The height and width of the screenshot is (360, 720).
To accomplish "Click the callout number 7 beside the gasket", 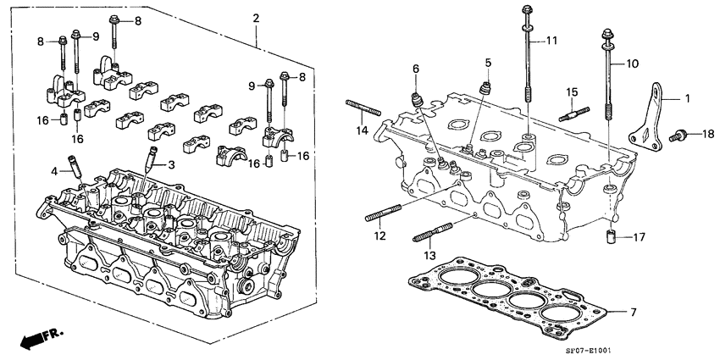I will pyautogui.click(x=633, y=313).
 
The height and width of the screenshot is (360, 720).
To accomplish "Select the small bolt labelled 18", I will pyautogui.click(x=678, y=134).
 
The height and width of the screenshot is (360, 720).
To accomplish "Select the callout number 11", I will pyautogui.click(x=551, y=41).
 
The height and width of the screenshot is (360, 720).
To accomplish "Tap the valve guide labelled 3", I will pyautogui.click(x=152, y=158).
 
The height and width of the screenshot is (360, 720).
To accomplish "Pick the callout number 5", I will pyautogui.click(x=488, y=63).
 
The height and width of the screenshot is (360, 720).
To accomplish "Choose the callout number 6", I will pyautogui.click(x=416, y=69).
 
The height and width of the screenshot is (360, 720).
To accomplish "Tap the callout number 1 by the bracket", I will pyautogui.click(x=687, y=99).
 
